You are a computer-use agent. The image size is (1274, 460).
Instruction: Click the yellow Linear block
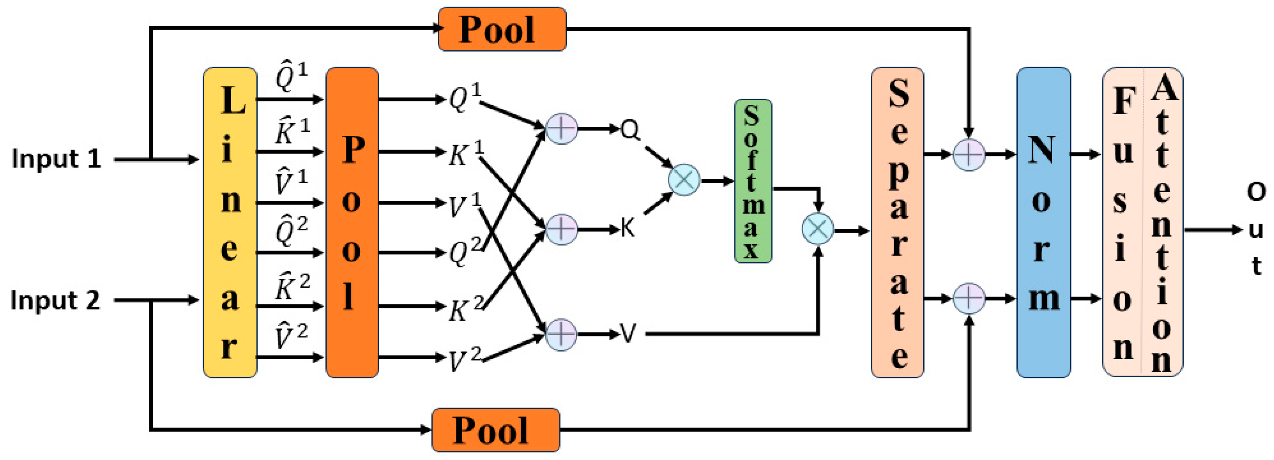230,222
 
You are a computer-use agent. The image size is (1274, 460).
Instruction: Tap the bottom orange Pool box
496,430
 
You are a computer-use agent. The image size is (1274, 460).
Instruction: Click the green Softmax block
753,181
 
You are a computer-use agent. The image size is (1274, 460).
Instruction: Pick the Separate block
897,222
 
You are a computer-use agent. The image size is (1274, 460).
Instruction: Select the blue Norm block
1043,222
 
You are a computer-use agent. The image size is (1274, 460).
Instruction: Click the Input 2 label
55,300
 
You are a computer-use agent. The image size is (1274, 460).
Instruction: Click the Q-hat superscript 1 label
291,78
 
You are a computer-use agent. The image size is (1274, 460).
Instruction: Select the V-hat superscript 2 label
291,336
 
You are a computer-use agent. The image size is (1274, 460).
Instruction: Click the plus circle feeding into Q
561,129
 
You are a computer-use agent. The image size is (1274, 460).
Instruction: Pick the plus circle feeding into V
561,334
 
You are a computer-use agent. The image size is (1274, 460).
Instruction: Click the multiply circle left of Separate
817,229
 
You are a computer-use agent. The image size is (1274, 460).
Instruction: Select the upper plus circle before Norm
968,155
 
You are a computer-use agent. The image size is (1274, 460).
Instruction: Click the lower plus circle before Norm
968,298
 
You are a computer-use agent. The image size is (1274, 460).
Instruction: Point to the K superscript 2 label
465,309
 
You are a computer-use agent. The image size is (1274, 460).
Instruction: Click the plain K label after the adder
627,229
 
